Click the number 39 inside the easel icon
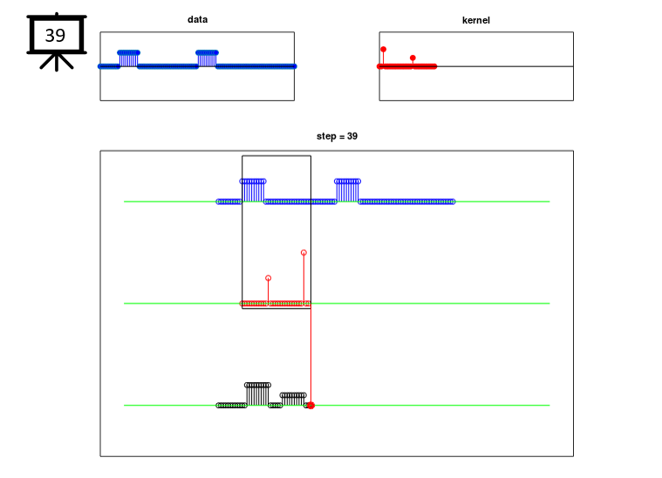55,36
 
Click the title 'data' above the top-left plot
197,19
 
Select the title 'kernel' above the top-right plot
476,20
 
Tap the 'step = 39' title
337,136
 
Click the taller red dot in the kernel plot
384,50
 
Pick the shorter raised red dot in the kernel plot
413,58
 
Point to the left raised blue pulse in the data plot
129,58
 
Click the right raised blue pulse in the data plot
207,58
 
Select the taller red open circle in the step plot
304,252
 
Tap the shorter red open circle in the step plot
268,278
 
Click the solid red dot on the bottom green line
311,406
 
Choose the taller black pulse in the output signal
257,394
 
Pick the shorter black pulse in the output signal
293,399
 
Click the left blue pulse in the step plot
253,190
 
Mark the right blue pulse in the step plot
347,190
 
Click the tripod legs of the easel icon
57,62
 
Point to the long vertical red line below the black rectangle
311,356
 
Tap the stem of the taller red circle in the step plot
304,279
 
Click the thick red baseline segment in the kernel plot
406,66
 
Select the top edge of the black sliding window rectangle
276,156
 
